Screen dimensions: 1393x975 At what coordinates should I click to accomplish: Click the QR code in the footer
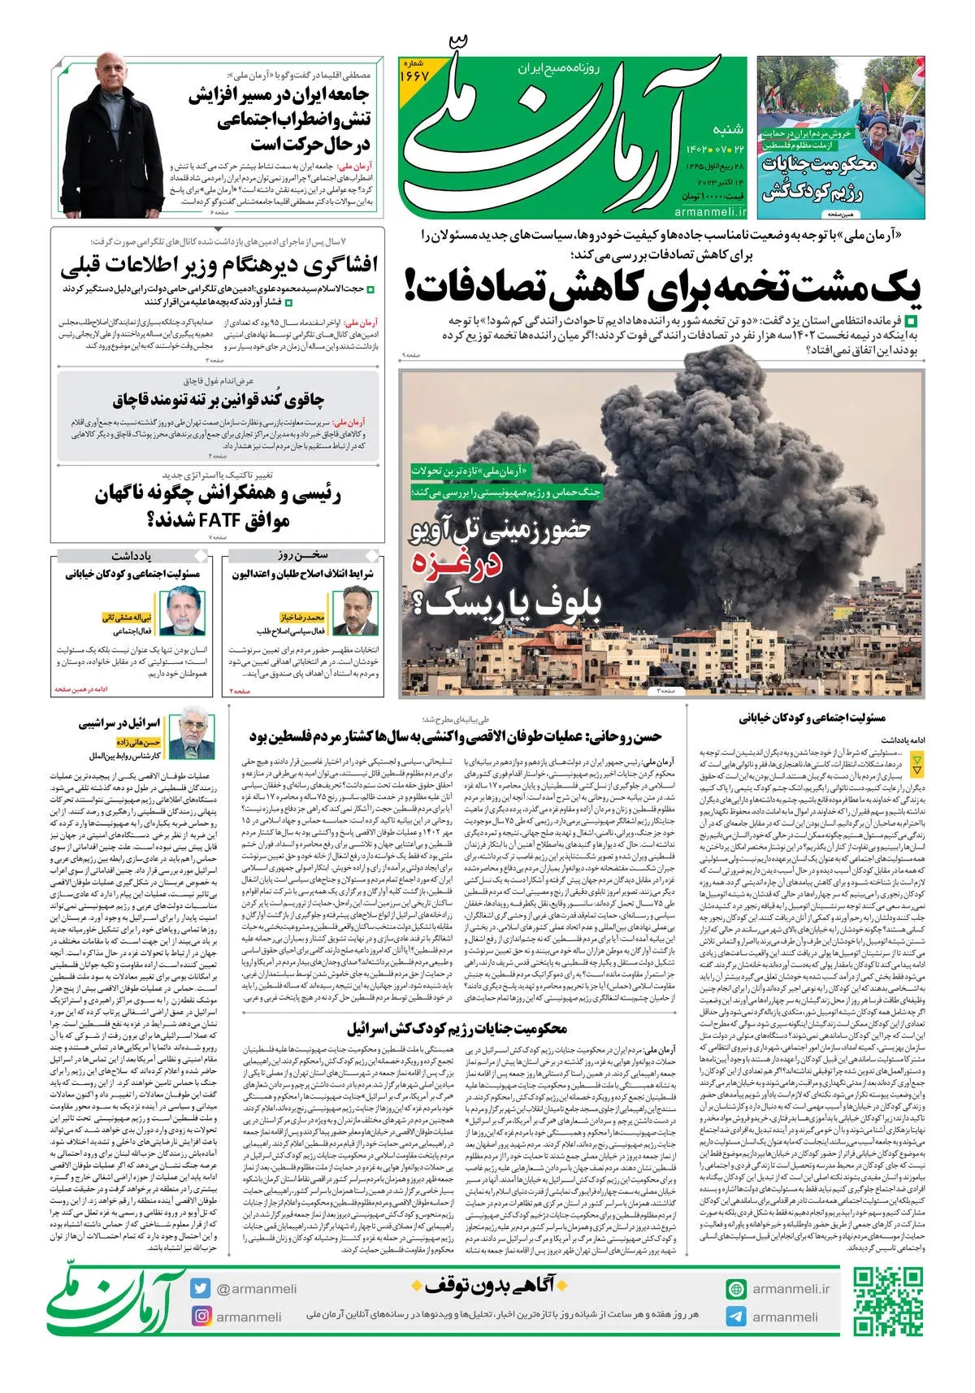887,1301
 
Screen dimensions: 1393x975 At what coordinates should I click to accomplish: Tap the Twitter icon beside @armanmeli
201,1288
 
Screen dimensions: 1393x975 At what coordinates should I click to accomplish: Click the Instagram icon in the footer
201,1316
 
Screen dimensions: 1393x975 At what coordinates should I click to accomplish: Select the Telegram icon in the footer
736,1317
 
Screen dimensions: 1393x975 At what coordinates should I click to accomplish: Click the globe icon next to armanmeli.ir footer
736,1288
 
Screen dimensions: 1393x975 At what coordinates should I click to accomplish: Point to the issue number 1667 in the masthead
414,74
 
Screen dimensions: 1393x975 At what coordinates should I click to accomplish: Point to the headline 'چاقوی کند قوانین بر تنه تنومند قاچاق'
218,399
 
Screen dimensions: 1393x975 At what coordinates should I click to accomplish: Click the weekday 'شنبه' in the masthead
728,129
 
